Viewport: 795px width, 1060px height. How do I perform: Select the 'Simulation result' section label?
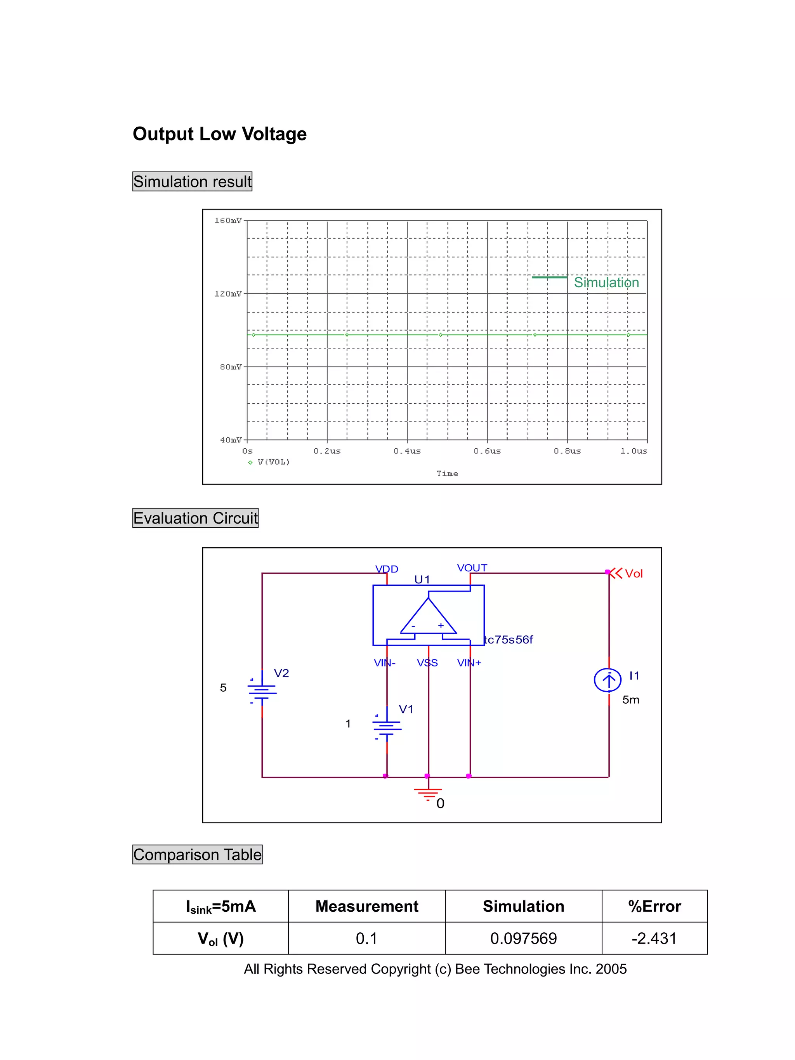click(192, 182)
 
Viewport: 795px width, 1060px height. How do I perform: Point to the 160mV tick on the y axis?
click(228, 221)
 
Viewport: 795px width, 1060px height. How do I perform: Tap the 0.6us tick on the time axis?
click(487, 451)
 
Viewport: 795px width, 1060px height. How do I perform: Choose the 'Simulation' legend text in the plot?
click(606, 283)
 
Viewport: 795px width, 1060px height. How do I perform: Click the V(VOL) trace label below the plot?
click(273, 462)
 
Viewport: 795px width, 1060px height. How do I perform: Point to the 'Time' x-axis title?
click(447, 474)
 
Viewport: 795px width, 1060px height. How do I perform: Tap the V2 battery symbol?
click(262, 690)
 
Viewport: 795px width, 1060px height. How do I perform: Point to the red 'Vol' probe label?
click(634, 574)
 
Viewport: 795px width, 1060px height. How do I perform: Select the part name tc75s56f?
click(509, 640)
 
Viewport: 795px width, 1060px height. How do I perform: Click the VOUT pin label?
click(472, 568)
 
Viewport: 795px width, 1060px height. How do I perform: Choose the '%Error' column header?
click(654, 906)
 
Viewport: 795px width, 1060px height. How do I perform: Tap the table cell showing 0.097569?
click(523, 938)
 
